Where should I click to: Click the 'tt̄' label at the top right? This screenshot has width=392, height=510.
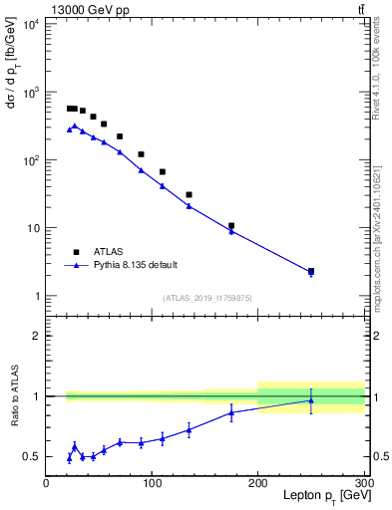pyautogui.click(x=359, y=10)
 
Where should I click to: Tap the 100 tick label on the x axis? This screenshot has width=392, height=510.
pyautogui.click(x=152, y=483)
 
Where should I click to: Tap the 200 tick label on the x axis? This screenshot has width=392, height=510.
pyautogui.click(x=258, y=483)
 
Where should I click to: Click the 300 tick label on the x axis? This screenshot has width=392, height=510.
pyautogui.click(x=363, y=483)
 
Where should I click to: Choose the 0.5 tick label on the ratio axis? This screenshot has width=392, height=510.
pyautogui.click(x=30, y=456)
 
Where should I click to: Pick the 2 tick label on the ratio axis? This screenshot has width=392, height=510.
pyautogui.click(x=36, y=336)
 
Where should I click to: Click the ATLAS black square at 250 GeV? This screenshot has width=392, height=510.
pyautogui.click(x=311, y=271)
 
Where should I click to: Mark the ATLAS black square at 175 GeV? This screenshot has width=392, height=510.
pyautogui.click(x=231, y=226)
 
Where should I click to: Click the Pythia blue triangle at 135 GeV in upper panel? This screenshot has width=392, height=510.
pyautogui.click(x=189, y=206)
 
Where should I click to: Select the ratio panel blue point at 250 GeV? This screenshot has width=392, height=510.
pyautogui.click(x=311, y=400)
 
